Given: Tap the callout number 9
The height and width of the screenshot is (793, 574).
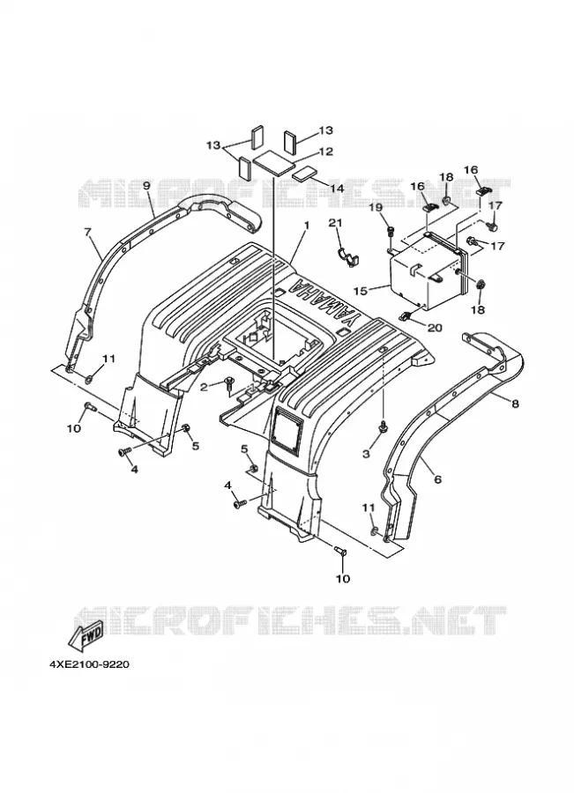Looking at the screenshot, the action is [x=146, y=186].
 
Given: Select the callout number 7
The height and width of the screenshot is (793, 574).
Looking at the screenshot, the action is [x=87, y=232].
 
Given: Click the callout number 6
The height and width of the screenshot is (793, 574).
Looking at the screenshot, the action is [x=437, y=478].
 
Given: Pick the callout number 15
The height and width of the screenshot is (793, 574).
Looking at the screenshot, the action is [x=361, y=292].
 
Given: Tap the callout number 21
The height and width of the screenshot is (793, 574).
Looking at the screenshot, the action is [x=336, y=223].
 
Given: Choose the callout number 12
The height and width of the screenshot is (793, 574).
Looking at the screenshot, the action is [x=326, y=152].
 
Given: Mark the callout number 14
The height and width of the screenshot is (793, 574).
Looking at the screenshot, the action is [x=337, y=189].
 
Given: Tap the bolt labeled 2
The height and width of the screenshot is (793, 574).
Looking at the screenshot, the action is [x=228, y=382].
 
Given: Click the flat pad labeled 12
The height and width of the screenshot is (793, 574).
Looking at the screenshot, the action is [x=274, y=163].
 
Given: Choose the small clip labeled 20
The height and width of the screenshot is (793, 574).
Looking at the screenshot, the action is [x=406, y=315].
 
